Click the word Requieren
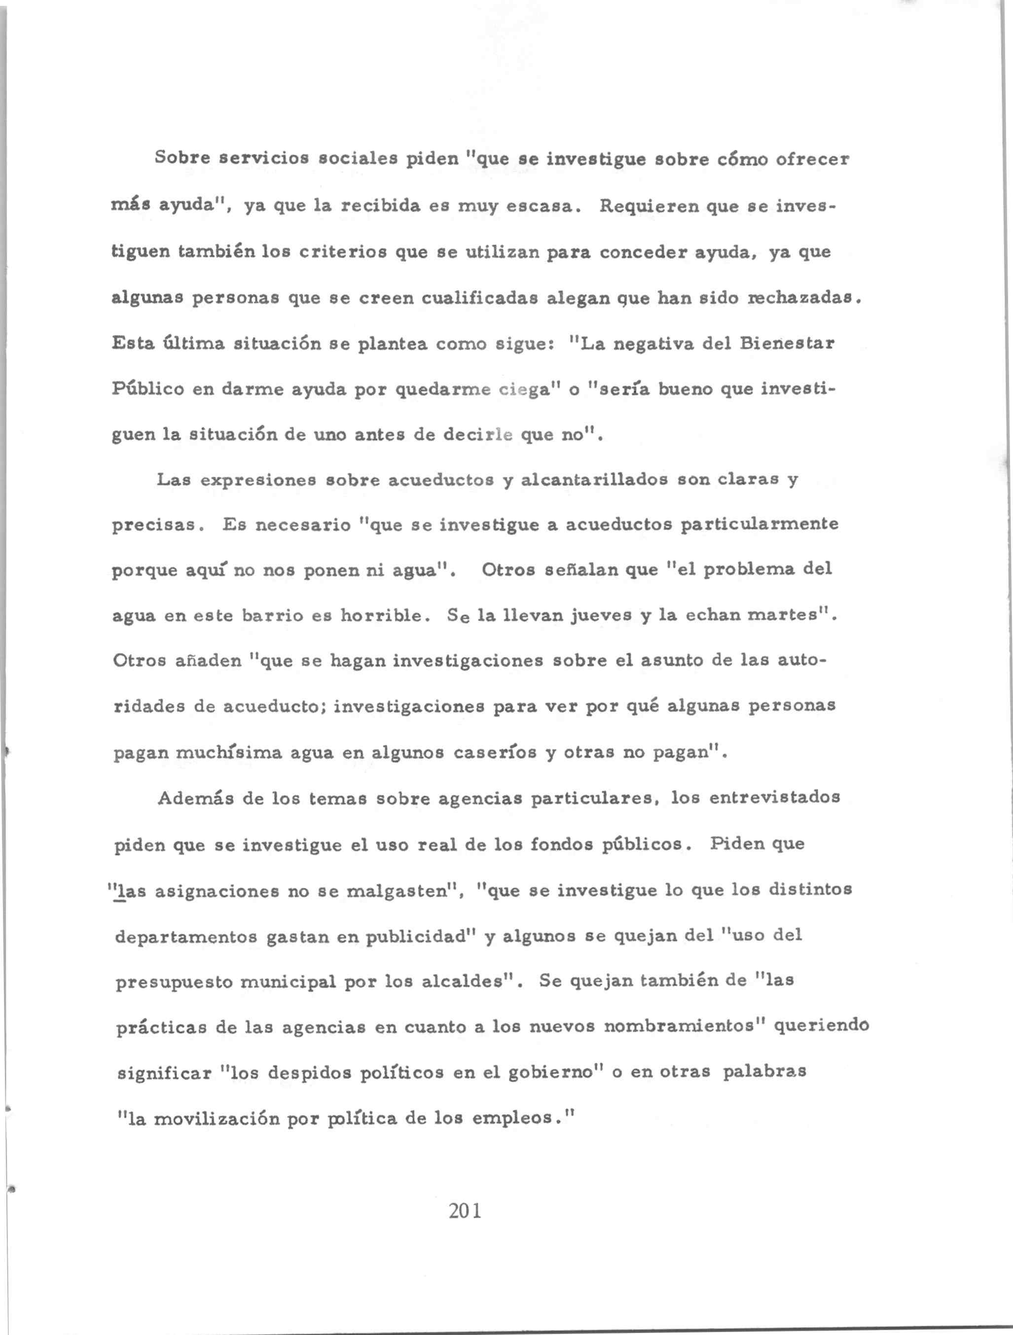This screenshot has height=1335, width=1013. [x=646, y=207]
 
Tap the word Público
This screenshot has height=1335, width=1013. [x=148, y=390]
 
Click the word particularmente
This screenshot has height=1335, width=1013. [x=760, y=525]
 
